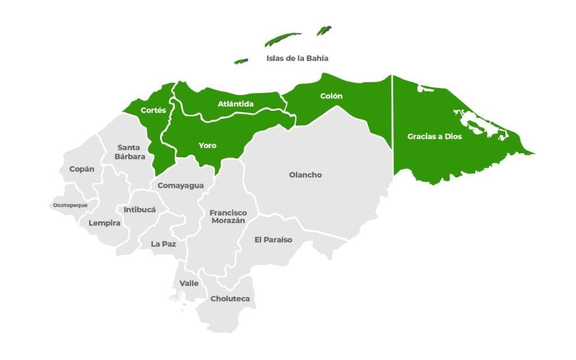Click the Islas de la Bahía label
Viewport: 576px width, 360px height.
point(297,58)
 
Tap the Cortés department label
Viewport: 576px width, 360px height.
point(153,110)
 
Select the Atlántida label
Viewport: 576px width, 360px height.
point(235,104)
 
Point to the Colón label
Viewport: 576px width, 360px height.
point(331,96)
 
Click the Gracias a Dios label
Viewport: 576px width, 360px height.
point(434,136)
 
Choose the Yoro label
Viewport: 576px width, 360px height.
point(207,145)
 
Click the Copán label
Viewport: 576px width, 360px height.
point(82,169)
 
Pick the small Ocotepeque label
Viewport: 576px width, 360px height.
point(70,205)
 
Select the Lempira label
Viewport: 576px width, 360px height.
point(104,223)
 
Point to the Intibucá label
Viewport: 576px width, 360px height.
point(140,209)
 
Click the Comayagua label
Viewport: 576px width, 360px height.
point(181,185)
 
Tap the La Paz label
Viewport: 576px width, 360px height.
point(163,243)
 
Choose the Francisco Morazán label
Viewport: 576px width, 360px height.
point(228,217)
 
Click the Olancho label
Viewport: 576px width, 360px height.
point(305,175)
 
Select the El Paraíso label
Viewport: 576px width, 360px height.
point(273,239)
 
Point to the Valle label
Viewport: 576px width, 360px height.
point(189,283)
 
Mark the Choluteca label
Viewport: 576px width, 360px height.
point(230,298)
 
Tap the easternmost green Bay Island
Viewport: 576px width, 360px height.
point(324,30)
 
